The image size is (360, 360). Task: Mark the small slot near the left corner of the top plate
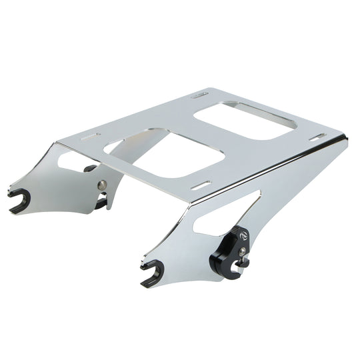point(89,135)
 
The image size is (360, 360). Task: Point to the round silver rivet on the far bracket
point(101,185)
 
